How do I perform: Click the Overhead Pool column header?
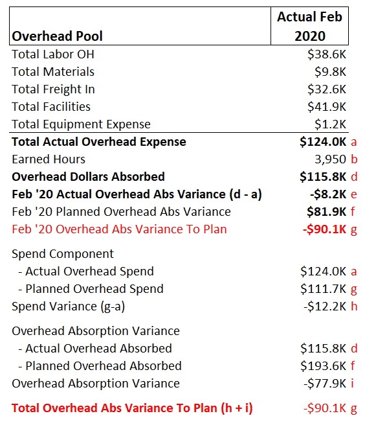click(x=57, y=36)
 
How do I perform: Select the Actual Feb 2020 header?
click(x=309, y=27)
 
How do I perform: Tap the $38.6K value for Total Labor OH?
click(x=327, y=54)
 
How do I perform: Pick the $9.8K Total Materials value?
click(x=330, y=72)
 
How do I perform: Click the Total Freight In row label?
click(x=53, y=89)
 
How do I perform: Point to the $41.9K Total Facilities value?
click(x=327, y=107)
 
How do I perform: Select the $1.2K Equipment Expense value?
click(x=330, y=124)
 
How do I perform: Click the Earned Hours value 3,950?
click(x=330, y=159)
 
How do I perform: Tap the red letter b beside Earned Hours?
click(x=354, y=159)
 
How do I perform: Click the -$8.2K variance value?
click(x=328, y=194)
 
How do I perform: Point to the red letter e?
click(x=354, y=194)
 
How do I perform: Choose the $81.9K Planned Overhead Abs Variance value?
click(x=326, y=212)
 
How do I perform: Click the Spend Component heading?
click(x=63, y=254)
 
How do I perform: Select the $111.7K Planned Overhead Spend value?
click(x=323, y=289)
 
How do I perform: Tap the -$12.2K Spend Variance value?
click(x=325, y=307)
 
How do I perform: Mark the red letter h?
click(x=354, y=306)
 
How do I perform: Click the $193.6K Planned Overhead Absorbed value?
click(x=323, y=366)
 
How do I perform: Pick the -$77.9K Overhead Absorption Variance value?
click(x=325, y=384)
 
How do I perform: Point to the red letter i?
click(x=353, y=383)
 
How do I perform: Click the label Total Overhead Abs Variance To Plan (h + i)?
click(x=132, y=408)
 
